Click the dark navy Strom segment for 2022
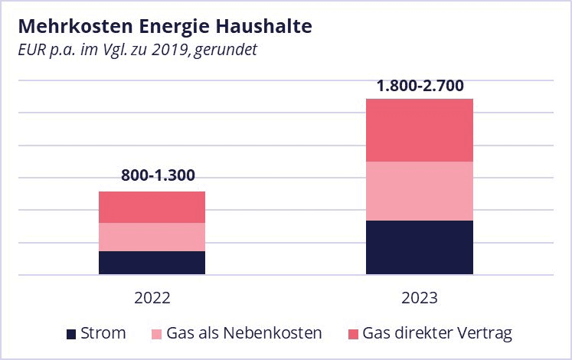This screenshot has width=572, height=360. point(152,262)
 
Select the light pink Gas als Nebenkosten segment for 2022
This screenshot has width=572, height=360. point(152,237)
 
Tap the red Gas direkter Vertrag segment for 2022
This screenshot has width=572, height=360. point(152,207)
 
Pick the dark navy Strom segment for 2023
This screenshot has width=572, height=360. point(419,247)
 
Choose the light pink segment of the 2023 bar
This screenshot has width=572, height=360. point(419,191)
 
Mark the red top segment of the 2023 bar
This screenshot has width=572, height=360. point(419,130)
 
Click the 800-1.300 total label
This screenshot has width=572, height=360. point(159,175)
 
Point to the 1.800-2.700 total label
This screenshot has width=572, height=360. point(420,85)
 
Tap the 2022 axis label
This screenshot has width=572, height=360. point(152,298)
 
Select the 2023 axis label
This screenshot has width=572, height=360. point(419,298)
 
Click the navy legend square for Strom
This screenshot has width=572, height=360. point(71,334)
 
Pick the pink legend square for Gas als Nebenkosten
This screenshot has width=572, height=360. point(158,334)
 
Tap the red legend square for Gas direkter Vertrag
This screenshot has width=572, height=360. point(353,334)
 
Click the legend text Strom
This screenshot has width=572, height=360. point(103,333)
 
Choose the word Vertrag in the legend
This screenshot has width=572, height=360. point(485,333)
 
